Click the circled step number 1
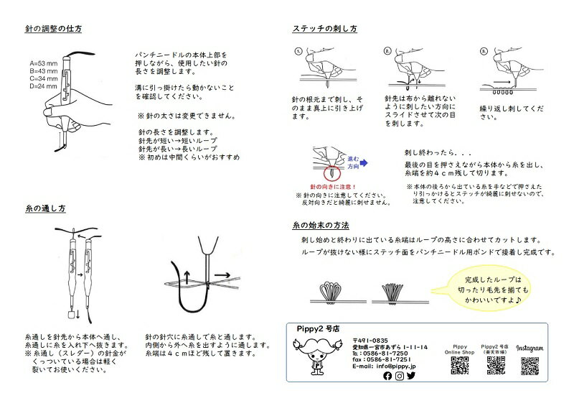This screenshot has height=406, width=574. click(298, 52)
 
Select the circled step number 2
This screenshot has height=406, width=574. click(388, 52)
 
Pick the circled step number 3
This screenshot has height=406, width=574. click(484, 52)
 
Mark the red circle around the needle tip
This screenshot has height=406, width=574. click(331, 174)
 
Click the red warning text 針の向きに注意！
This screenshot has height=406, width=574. click(331, 187)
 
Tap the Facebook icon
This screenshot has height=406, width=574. click(388, 375)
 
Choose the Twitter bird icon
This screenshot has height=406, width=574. click(411, 375)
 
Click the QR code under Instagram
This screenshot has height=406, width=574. click(530, 366)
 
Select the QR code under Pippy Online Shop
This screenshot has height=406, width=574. click(460, 366)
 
